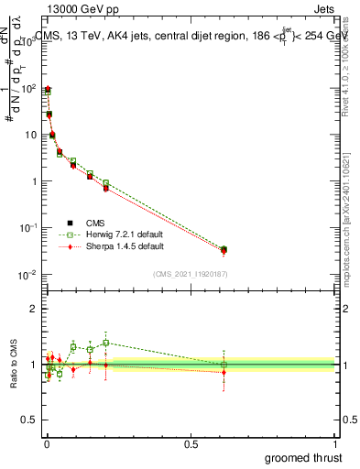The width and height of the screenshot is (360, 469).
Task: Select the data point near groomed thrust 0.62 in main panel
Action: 224,249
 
